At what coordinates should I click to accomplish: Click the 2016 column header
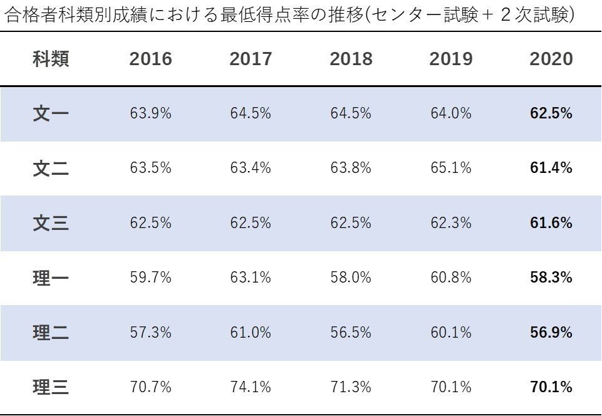(150, 59)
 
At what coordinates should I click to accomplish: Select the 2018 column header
(351, 59)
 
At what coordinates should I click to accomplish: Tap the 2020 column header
(551, 59)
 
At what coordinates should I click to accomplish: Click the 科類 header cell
(51, 59)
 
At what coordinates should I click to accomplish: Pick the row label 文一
(51, 113)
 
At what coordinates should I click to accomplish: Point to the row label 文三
(51, 223)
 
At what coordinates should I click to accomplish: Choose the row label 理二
(51, 333)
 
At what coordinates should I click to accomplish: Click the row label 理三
(51, 387)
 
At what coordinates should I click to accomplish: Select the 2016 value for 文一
(150, 113)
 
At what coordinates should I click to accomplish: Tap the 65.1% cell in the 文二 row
(451, 168)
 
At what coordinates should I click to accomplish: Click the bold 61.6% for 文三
(551, 223)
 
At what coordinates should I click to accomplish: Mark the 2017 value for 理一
(251, 278)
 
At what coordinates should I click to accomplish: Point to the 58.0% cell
(351, 278)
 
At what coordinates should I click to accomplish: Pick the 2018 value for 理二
(351, 333)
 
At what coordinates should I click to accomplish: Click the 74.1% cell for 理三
(251, 387)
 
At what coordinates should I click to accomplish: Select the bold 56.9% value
(551, 333)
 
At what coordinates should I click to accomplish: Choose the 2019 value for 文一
(451, 113)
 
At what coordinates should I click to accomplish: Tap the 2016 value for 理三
(150, 387)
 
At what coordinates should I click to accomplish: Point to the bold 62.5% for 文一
(551, 113)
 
